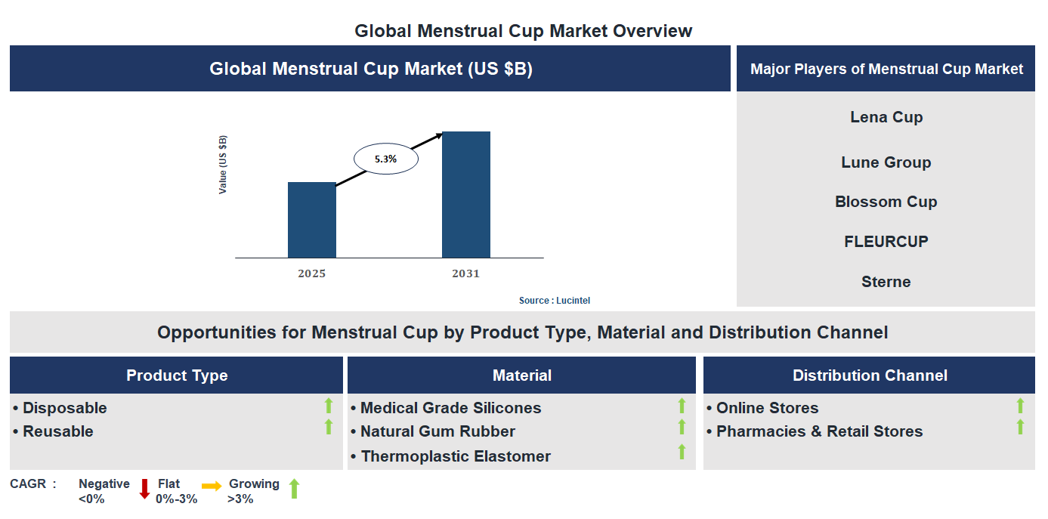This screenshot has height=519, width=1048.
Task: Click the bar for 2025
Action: point(311,220)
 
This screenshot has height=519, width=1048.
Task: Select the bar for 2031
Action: point(465,195)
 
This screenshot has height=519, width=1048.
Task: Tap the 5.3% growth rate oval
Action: point(386,159)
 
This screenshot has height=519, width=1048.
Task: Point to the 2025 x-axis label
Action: point(311,273)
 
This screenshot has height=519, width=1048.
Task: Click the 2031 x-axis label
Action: point(465,273)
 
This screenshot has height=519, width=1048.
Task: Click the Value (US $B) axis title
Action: point(223,165)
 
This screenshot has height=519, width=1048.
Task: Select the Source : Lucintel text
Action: point(554,301)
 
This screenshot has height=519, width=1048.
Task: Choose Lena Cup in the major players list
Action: point(886,117)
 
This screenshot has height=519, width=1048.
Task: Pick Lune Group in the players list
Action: point(886,162)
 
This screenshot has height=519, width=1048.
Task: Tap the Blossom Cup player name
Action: point(886,202)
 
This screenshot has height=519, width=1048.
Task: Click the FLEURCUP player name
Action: point(886,242)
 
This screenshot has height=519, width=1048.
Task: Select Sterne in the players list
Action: point(886,282)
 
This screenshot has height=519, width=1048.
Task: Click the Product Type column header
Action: point(177,375)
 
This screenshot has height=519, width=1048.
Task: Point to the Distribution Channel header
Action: point(869,375)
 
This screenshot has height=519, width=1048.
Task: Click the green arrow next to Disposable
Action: point(329,406)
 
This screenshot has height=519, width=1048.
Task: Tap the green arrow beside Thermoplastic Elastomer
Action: point(682,452)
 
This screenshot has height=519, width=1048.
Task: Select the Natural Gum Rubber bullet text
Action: point(437,431)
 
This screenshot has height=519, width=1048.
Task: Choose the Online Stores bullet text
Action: point(767,408)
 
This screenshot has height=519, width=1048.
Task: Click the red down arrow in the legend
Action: point(144,489)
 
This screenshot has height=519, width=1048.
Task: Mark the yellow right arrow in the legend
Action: point(212,487)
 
